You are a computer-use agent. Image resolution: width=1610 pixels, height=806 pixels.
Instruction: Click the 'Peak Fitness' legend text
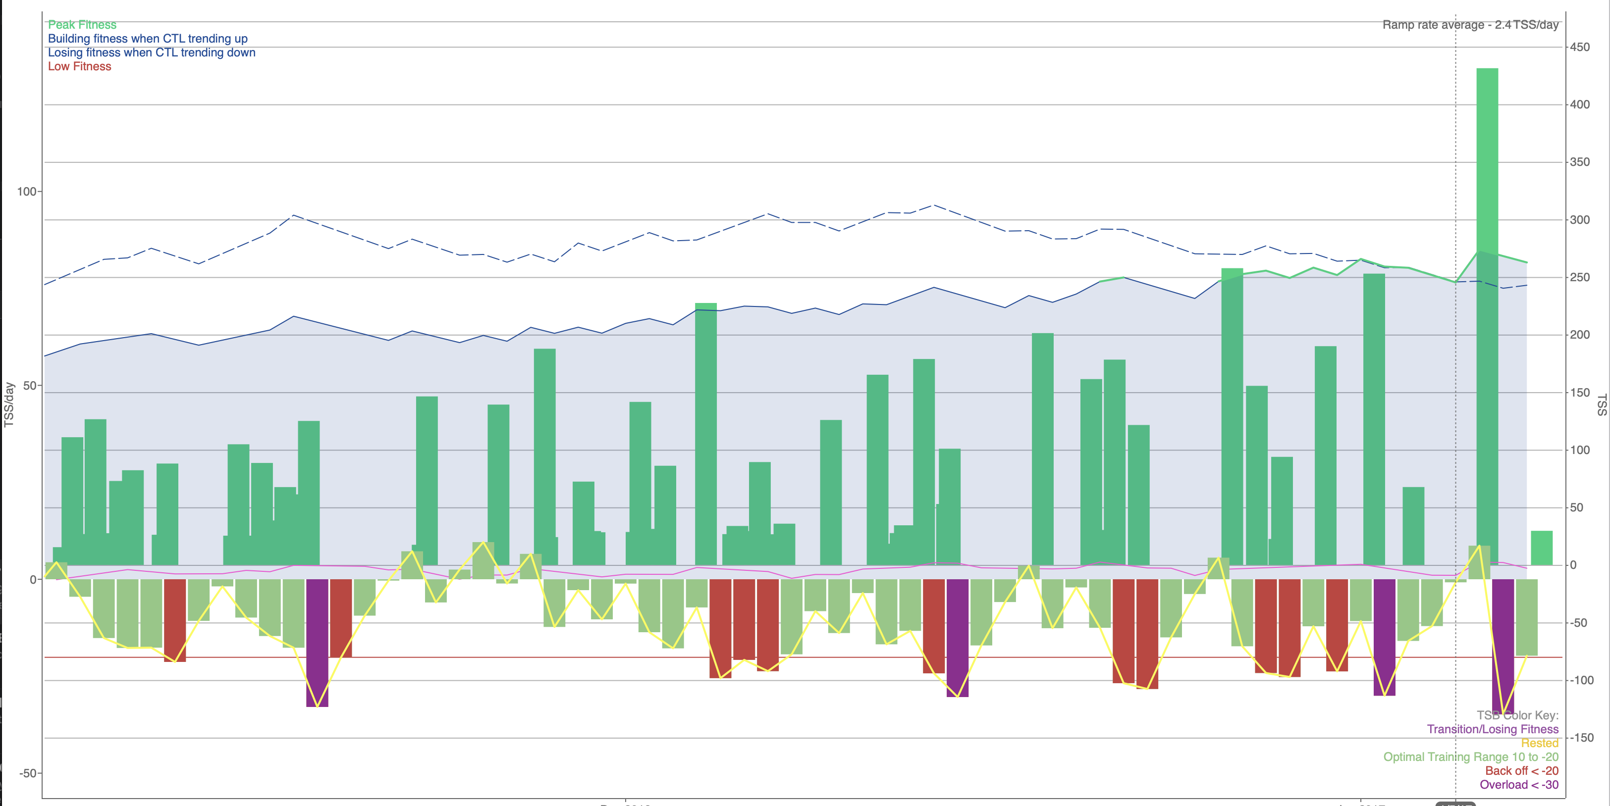82,25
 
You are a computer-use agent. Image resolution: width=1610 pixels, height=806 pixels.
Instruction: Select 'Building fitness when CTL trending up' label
148,39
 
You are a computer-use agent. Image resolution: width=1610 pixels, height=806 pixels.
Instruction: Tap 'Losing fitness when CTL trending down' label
151,52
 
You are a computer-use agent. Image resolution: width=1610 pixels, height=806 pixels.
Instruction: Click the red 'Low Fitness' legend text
79,66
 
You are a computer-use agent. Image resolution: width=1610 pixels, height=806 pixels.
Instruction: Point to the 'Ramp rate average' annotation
1470,25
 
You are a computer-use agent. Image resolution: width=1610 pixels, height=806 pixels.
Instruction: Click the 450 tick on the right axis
1580,47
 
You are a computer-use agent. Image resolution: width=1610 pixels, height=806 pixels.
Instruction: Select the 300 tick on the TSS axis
1580,220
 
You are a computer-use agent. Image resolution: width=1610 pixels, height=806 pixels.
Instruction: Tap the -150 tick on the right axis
1582,738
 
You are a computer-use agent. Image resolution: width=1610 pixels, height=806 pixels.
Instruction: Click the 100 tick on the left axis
27,191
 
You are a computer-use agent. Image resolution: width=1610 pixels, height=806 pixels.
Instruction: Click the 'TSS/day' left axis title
9,405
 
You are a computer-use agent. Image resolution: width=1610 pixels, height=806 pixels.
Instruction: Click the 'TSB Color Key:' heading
1517,715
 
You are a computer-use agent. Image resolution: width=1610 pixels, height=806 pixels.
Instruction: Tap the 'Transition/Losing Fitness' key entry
1493,729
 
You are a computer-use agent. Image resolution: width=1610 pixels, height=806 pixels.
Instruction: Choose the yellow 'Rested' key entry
1539,743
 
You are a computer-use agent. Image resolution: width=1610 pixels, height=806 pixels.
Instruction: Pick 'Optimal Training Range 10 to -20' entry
1471,756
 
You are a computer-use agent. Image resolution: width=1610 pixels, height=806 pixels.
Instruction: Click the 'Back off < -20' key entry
1521,771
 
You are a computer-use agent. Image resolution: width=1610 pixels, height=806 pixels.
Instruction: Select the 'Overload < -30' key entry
1519,785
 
